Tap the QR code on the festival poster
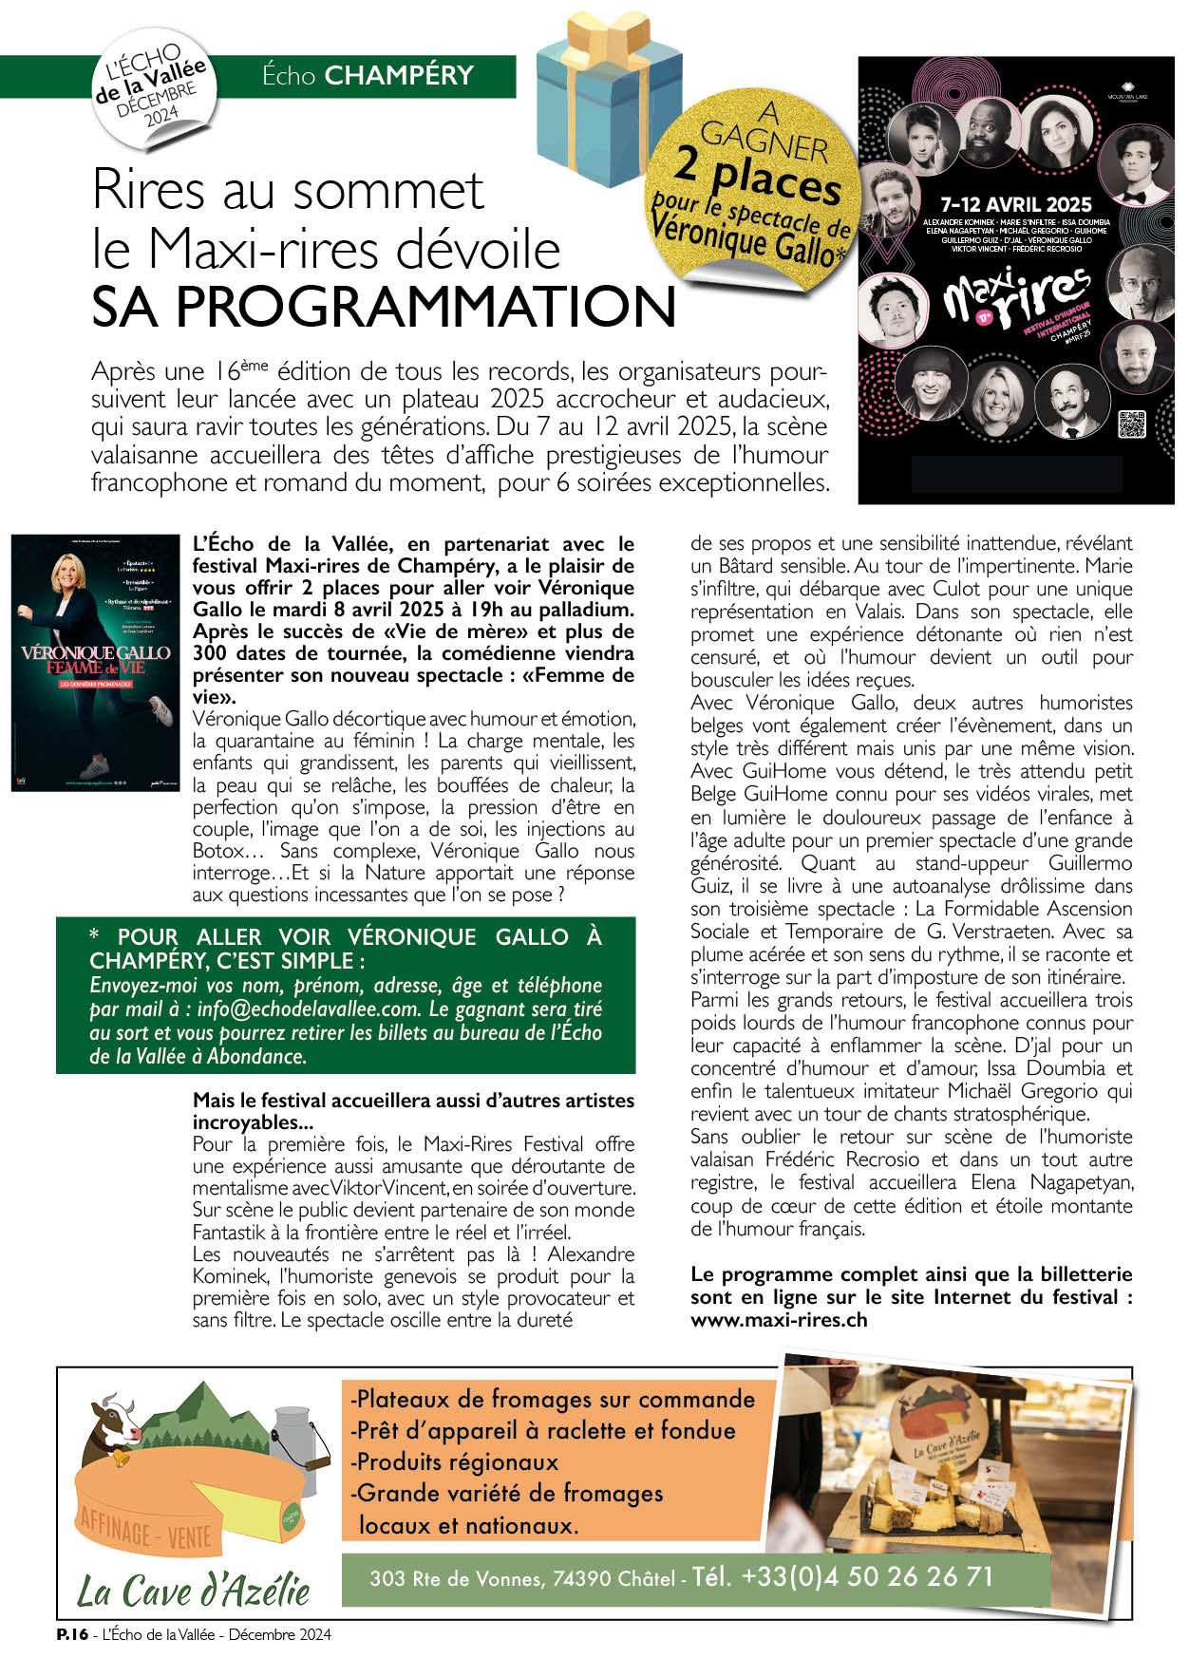click(x=1132, y=424)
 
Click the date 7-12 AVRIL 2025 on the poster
click(x=1015, y=204)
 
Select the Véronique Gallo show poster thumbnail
click(x=94, y=662)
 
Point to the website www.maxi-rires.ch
click(x=779, y=1320)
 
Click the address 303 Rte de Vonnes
click(x=455, y=1579)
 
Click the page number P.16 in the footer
click(x=72, y=1634)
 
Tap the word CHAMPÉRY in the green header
click(x=399, y=76)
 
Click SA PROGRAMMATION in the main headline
click(x=384, y=306)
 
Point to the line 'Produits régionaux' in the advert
click(x=457, y=1461)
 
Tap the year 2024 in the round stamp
click(x=160, y=116)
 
